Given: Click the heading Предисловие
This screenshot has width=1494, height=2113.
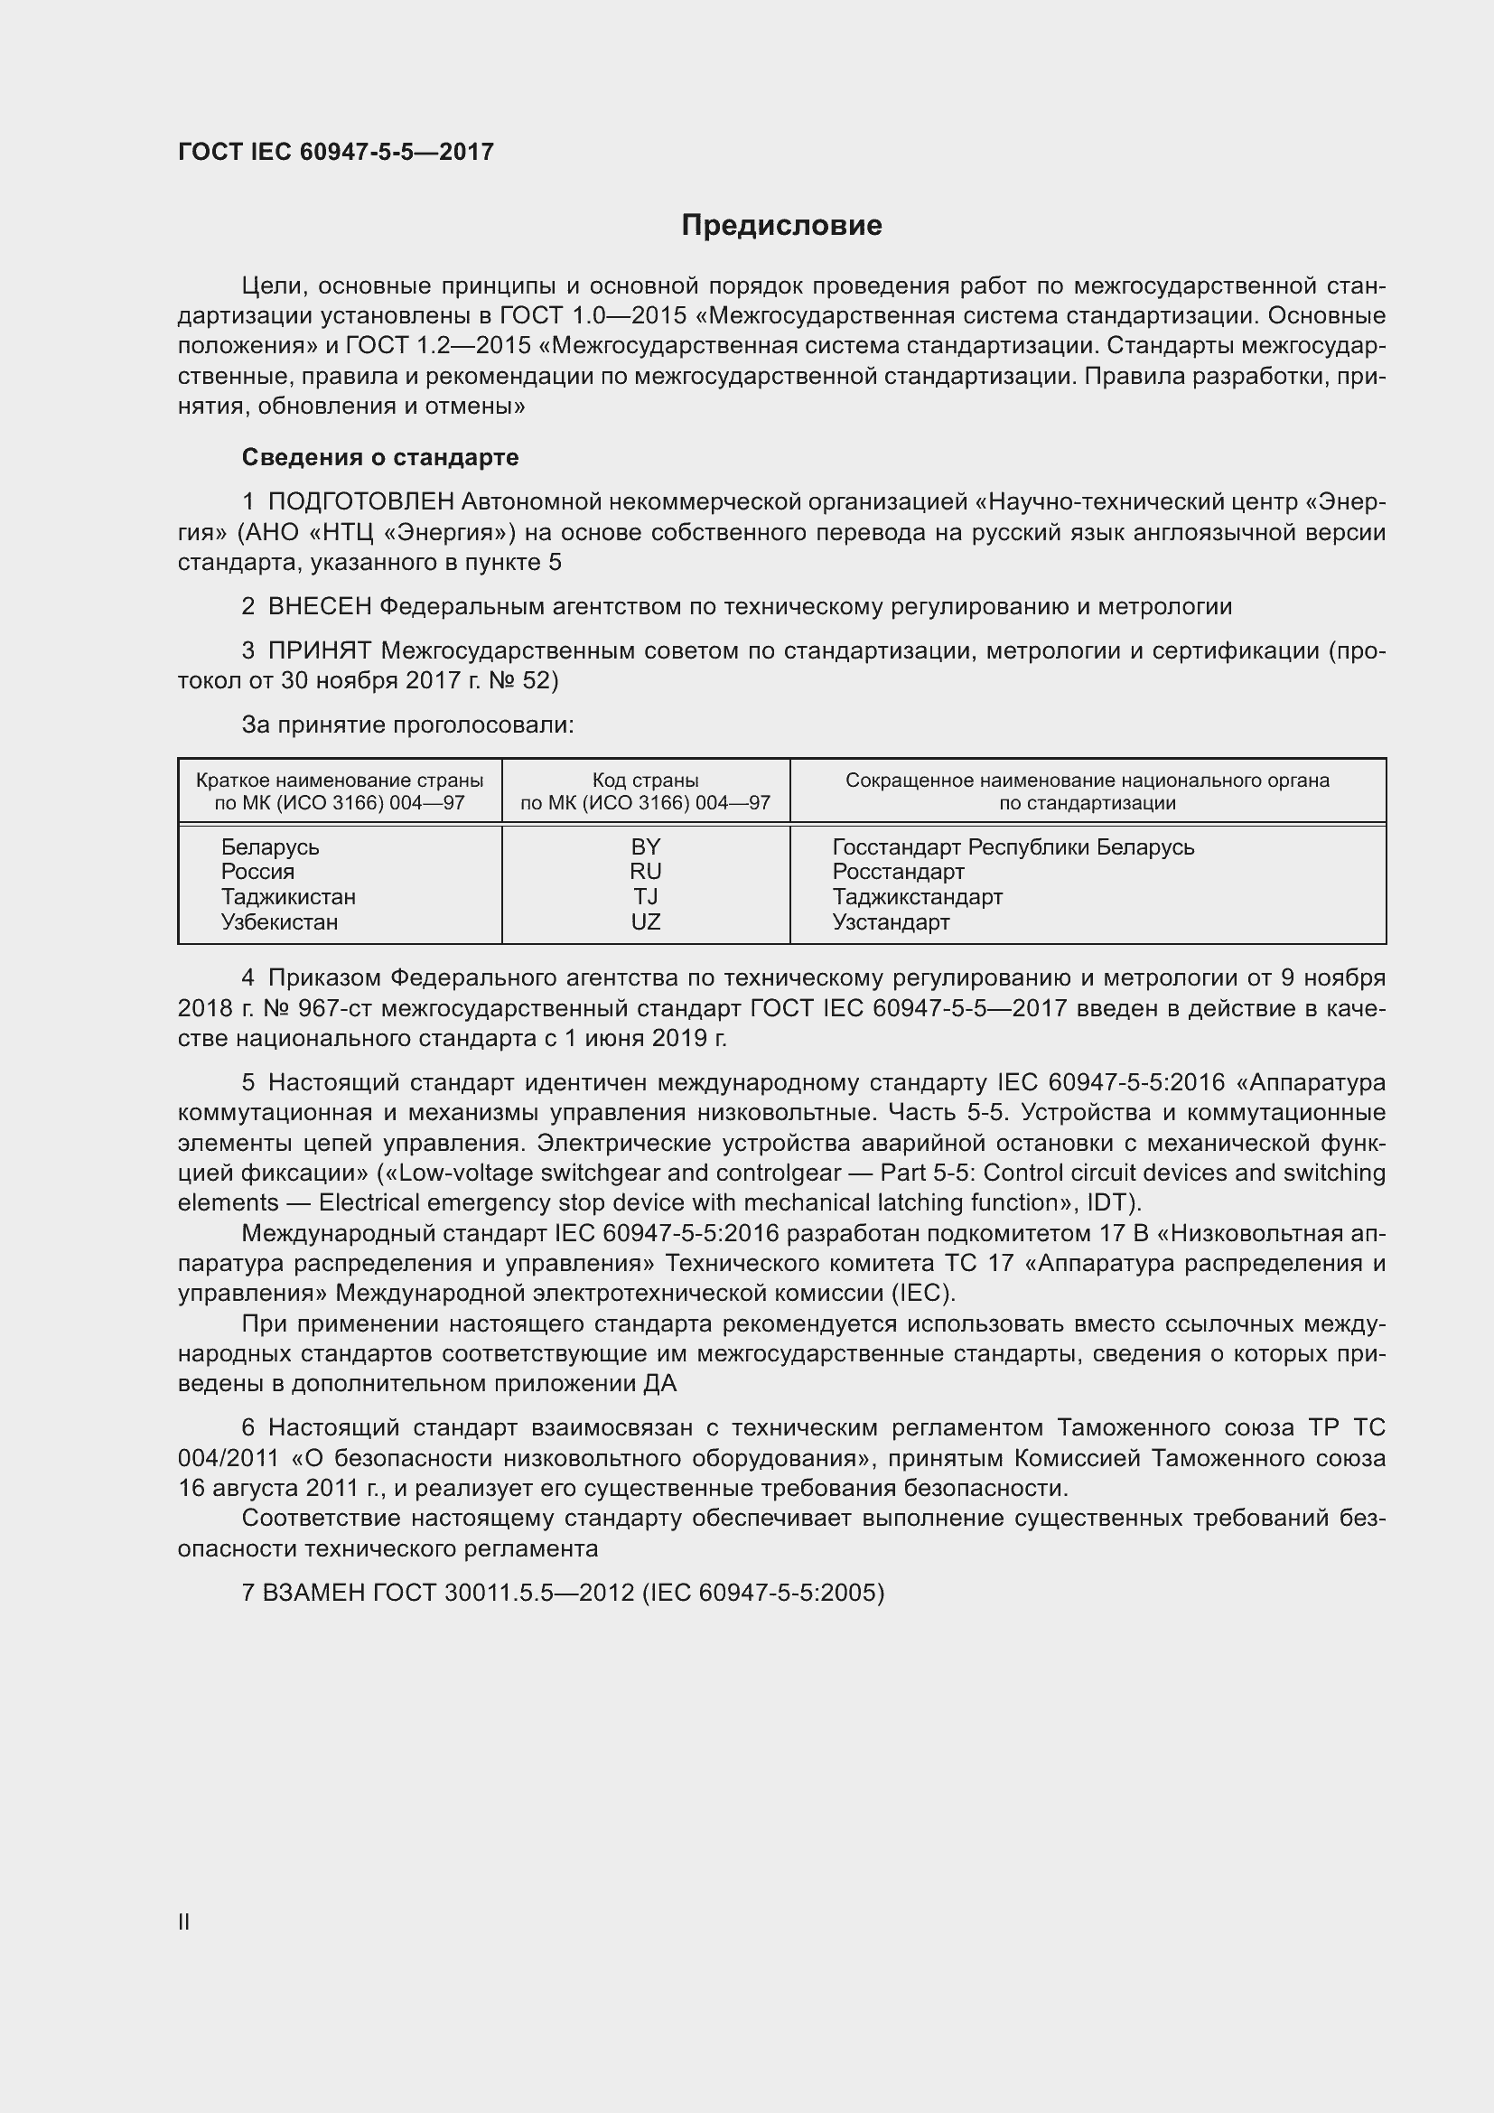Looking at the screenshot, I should point(781,226).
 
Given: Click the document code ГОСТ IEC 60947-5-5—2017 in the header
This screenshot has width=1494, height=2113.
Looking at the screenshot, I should point(336,152).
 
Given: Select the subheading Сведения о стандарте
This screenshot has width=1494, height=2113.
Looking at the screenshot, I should point(380,457).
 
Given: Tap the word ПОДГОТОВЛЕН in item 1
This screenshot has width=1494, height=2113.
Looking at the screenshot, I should point(360,501).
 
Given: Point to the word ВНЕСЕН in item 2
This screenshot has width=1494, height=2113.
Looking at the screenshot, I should point(319,606).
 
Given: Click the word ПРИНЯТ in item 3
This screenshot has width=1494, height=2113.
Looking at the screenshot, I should point(319,650).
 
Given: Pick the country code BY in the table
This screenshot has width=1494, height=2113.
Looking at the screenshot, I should point(646,846).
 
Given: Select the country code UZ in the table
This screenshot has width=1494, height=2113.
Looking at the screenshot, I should point(646,922).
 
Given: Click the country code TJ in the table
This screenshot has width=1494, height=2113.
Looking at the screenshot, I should point(646,896).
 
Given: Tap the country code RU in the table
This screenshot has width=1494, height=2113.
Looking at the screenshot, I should point(646,872).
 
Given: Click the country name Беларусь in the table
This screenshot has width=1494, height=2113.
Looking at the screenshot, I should point(270,846).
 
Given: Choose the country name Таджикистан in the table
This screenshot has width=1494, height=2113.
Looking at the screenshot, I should point(288,896).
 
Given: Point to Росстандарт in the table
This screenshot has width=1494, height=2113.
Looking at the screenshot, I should point(898,872).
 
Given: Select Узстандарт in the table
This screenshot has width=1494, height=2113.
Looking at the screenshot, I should point(891,922).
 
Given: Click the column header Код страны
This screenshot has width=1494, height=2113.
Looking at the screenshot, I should point(646,781).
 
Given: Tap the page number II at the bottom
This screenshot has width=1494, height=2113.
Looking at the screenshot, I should point(184,1921).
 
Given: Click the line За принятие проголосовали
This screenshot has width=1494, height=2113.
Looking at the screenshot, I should point(407,725).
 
